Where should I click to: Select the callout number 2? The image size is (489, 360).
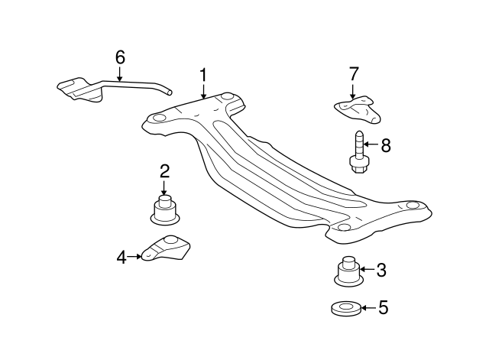point(164,171)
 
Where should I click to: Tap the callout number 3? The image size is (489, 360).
point(381,269)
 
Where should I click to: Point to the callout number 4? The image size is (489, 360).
point(121,258)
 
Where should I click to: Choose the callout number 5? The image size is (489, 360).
point(384,308)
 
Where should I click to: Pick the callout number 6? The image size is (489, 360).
point(120,57)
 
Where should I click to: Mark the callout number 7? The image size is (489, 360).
point(354,74)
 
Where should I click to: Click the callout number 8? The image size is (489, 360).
point(385,144)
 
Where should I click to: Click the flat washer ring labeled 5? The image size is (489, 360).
point(346,309)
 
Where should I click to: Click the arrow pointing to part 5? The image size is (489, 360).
point(368,308)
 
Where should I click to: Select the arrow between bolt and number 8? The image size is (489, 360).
point(371,144)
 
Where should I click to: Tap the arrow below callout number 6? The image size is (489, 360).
point(120,73)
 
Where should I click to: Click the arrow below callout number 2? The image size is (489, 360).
point(164,188)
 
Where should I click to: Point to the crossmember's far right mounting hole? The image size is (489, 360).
point(413,205)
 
